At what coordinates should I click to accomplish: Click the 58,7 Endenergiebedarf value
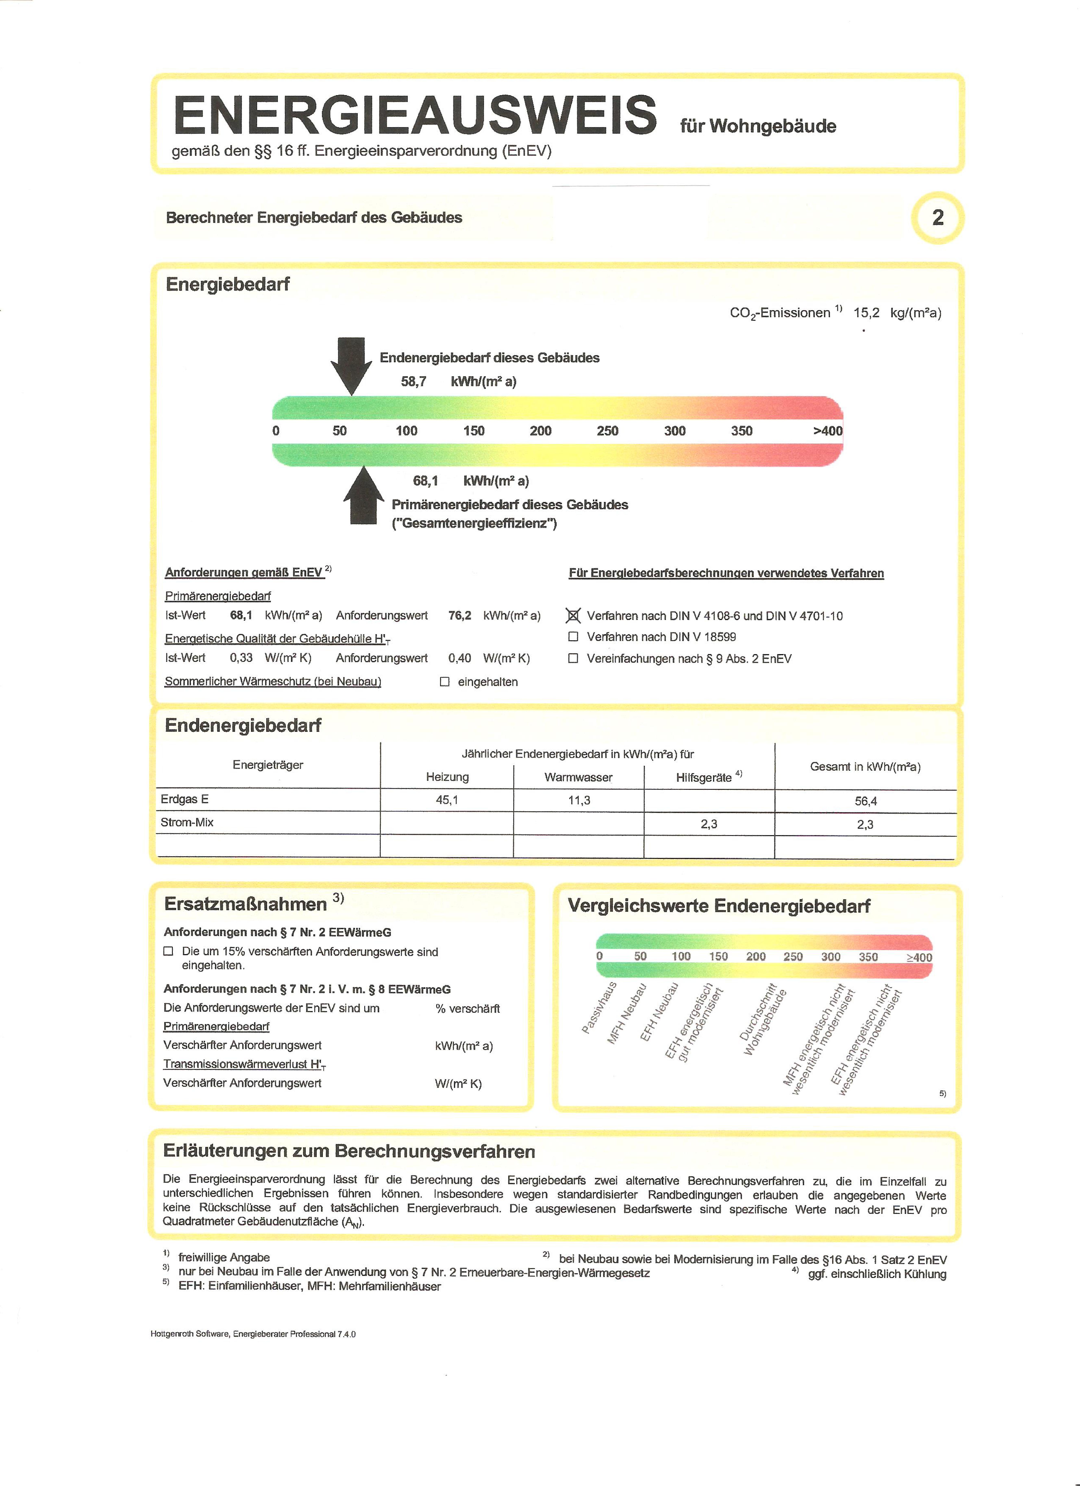point(413,381)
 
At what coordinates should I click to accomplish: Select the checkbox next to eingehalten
point(445,681)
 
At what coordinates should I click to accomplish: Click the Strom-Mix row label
point(187,822)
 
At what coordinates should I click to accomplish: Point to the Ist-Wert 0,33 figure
point(241,658)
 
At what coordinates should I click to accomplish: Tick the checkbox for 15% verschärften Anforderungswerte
point(168,951)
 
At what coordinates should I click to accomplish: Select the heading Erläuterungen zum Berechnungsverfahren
point(349,1151)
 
